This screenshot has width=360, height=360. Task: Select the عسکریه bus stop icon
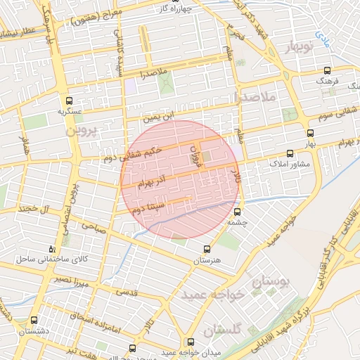pos(69,101)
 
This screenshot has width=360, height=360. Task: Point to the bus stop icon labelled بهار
pos(310,132)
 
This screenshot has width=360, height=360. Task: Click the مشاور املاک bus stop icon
pos(290,153)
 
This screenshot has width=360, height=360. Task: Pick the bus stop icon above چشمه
pos(236,211)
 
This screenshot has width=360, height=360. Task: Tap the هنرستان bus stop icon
pos(206,249)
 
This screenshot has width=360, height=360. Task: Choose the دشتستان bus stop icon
pos(34,321)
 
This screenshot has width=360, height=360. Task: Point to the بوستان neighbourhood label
pos(269,284)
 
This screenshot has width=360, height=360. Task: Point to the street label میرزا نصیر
pos(72,279)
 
